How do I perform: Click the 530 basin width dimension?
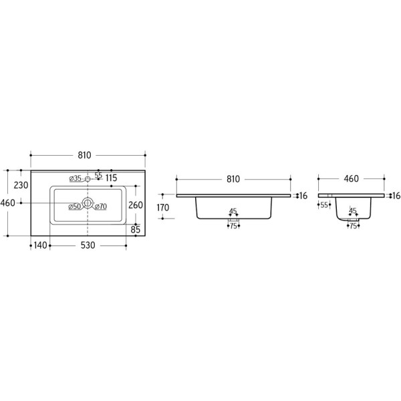click(x=88, y=245)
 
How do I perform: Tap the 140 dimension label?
click(x=40, y=245)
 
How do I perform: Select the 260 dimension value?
click(x=136, y=205)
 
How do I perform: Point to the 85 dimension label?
click(x=136, y=229)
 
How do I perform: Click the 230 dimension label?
click(x=21, y=185)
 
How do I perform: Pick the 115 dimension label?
click(x=111, y=178)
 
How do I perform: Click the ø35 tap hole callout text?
click(x=76, y=178)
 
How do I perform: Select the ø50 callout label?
click(x=75, y=207)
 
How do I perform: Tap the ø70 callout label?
click(x=101, y=206)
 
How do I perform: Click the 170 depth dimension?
click(x=163, y=207)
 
